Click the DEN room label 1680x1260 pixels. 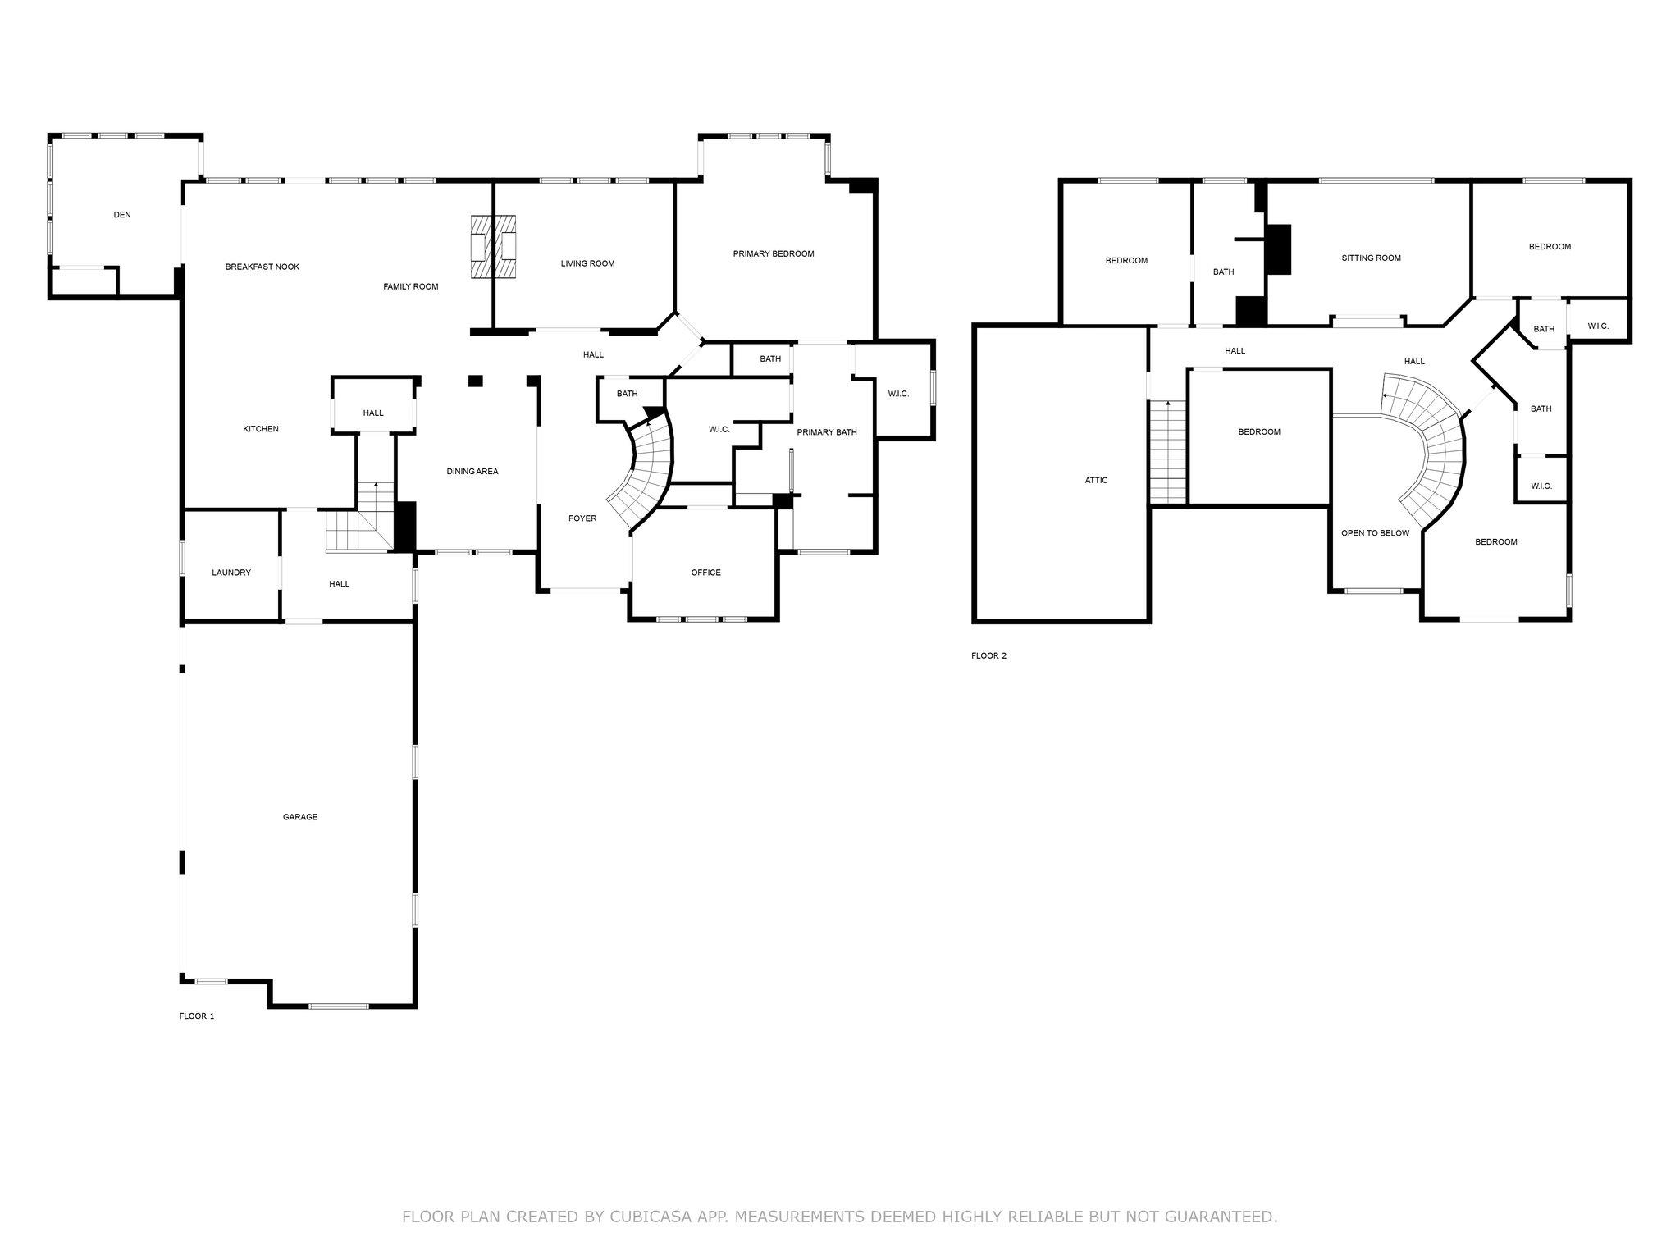pos(121,215)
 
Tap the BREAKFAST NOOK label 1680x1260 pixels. pos(262,267)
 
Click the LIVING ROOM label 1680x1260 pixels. pos(587,263)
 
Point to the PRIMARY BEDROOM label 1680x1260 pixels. pos(774,253)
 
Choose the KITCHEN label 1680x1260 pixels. pos(261,429)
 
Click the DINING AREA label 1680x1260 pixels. pos(472,472)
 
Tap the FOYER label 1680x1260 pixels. pos(582,518)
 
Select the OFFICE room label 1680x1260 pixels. pos(705,573)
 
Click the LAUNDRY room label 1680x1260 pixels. pos(231,573)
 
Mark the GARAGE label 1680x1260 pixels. pos(300,817)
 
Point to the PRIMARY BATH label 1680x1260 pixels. pos(826,432)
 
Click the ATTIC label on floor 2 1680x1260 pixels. pos(1096,480)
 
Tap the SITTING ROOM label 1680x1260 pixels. pos(1371,258)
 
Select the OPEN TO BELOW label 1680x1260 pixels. pos(1375,533)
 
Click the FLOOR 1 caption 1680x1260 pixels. pos(197,1016)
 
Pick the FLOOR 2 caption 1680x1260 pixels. pos(988,655)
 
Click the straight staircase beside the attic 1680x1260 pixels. pos(1168,452)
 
